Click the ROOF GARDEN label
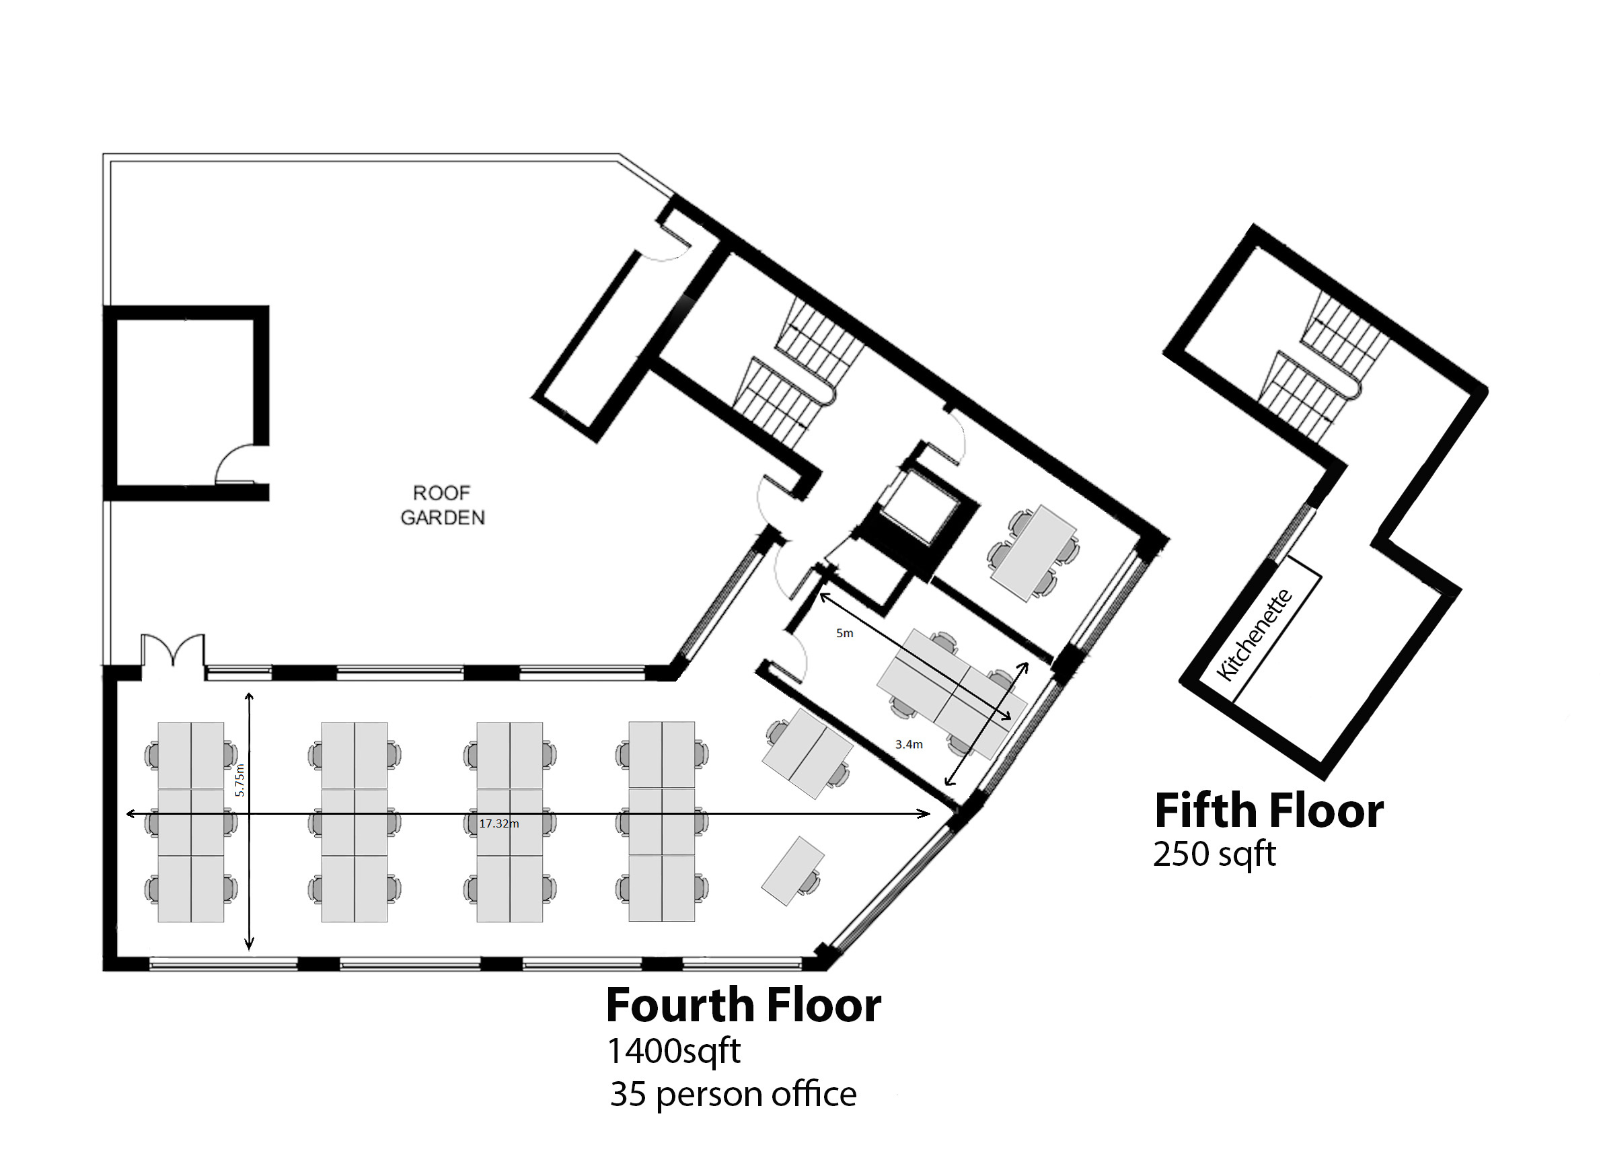pos(442,505)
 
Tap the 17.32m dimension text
pos(499,823)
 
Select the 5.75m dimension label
pos(239,780)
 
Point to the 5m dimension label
pos(844,633)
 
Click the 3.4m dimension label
pos(909,744)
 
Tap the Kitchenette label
pos(1253,634)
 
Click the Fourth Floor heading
pos(743,1005)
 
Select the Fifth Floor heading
pos(1269,810)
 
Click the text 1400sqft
pos(673,1051)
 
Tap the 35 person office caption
pos(733,1095)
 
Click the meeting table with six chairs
pos(1034,552)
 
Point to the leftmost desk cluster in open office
pos(191,822)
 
